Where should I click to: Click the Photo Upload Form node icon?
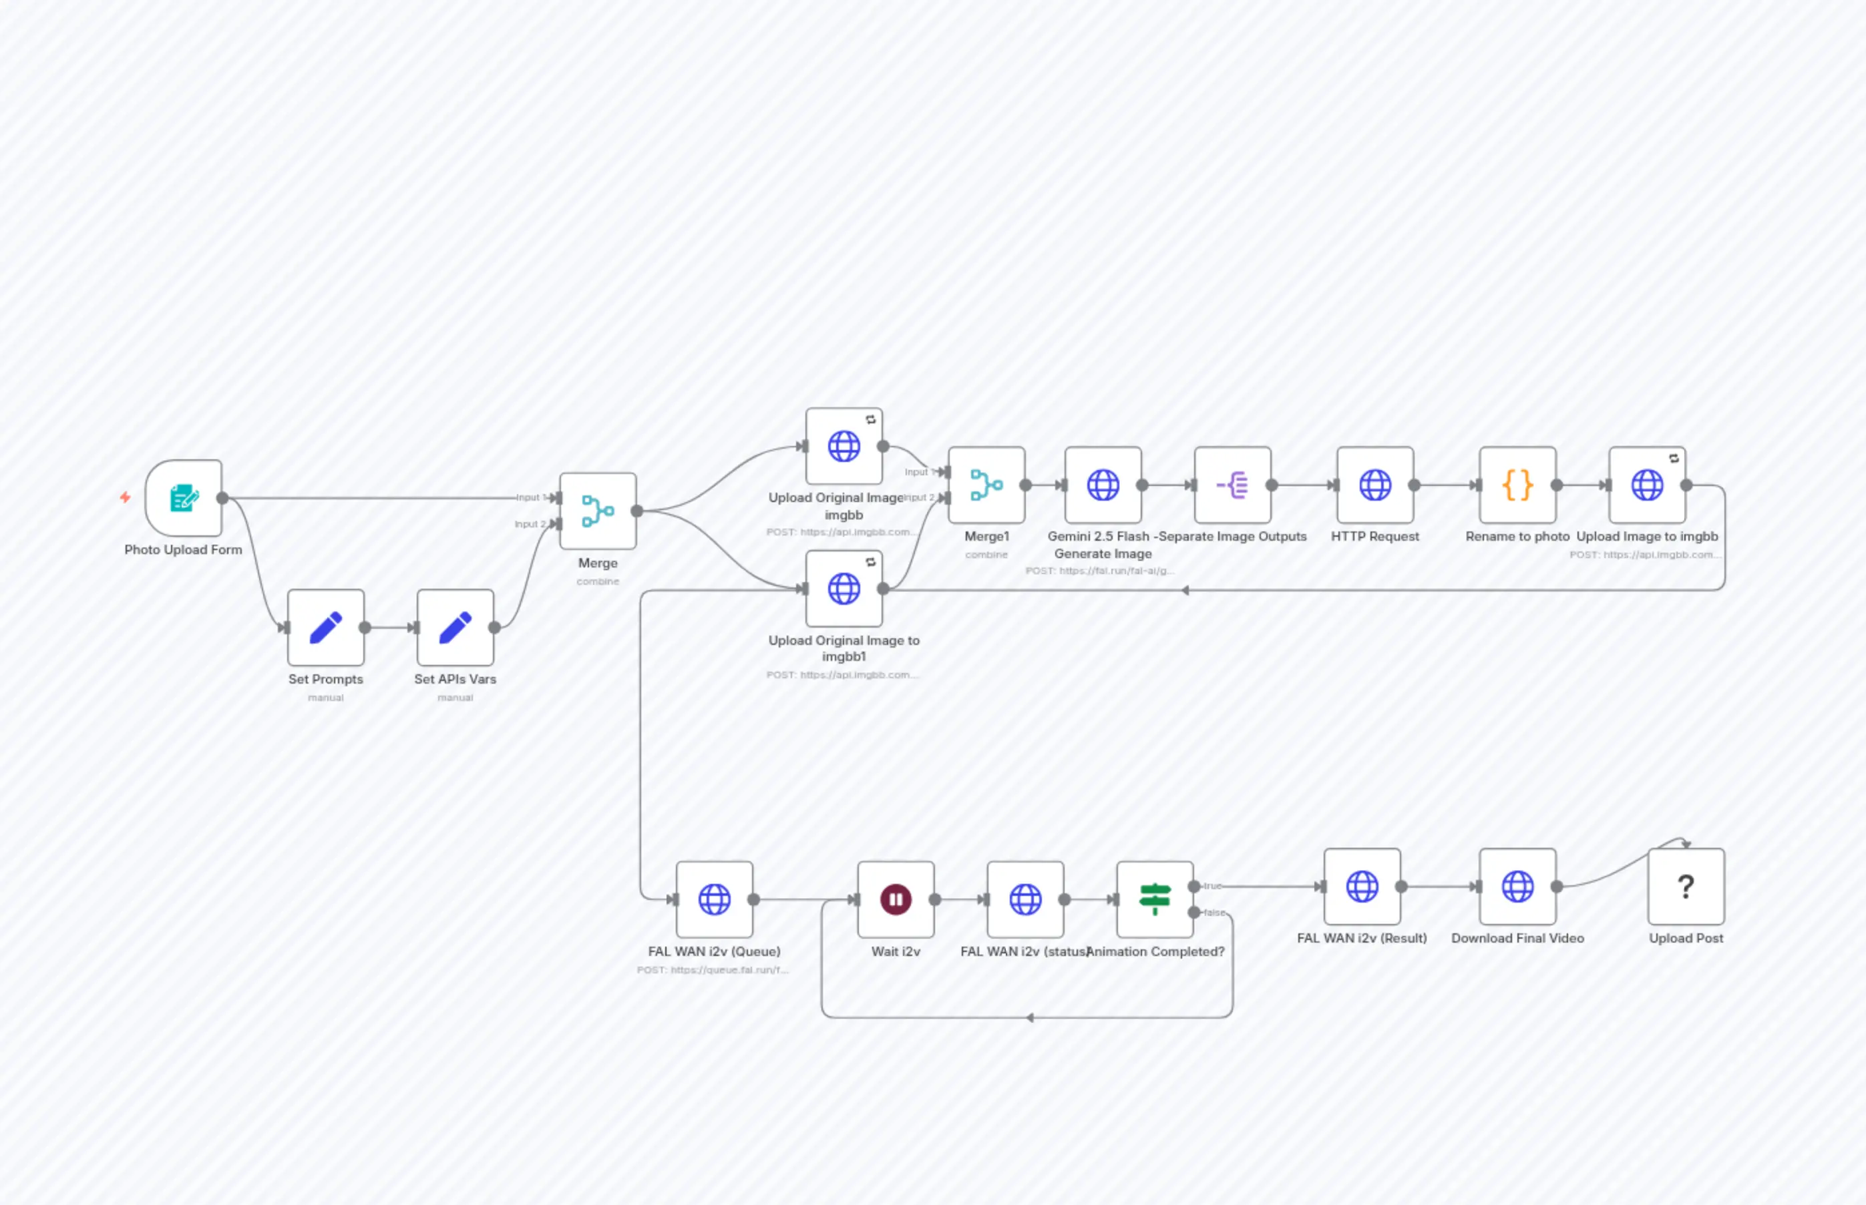[184, 497]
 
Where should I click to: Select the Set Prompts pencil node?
[326, 628]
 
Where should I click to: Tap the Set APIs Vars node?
[455, 628]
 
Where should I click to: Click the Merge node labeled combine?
[598, 511]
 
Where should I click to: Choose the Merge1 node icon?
[986, 485]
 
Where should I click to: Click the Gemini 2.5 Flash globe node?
[1103, 485]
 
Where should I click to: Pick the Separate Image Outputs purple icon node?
[1233, 485]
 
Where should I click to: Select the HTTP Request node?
[1375, 485]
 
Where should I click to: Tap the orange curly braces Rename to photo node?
[1517, 485]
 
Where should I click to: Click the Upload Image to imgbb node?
[1647, 485]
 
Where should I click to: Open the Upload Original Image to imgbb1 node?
[844, 588]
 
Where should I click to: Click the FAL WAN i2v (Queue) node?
[715, 900]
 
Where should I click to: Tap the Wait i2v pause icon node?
[896, 900]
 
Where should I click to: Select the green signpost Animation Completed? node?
[1155, 900]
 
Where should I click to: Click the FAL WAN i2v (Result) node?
[1362, 887]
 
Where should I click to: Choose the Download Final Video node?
[1517, 887]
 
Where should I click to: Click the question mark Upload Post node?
[1686, 887]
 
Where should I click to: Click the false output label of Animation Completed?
[1214, 913]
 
